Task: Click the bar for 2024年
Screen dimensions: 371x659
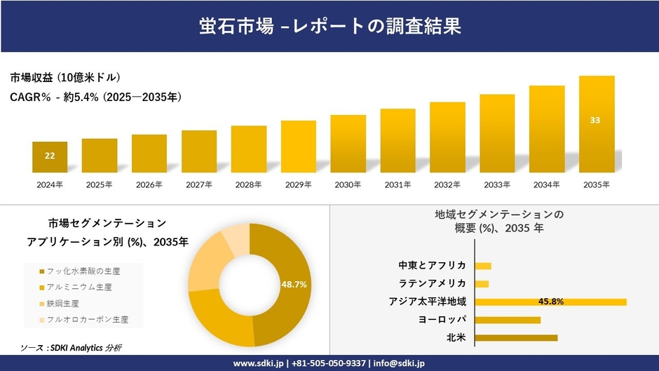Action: pos(50,157)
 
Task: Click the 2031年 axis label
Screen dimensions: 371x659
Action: pos(398,184)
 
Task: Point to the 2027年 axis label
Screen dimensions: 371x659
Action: pos(198,184)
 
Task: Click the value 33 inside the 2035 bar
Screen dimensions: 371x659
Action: pos(595,120)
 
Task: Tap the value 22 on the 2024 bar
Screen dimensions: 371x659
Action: pos(50,156)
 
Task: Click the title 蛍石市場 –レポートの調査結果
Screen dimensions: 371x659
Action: pos(329,26)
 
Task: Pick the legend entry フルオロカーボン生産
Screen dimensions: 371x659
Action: pos(87,319)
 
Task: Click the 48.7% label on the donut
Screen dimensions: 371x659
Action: pos(294,284)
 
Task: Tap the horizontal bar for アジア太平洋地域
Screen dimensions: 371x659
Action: pos(550,302)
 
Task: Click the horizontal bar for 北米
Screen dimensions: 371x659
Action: pos(516,337)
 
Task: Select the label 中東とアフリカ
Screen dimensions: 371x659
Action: pos(432,265)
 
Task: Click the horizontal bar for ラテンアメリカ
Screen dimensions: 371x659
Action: pos(482,283)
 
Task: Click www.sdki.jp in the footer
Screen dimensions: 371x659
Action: pos(258,363)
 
